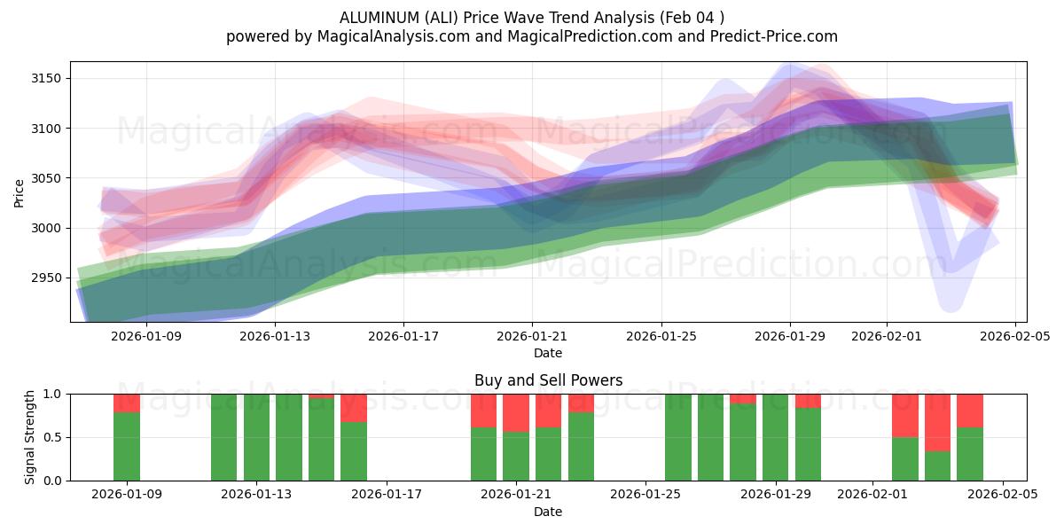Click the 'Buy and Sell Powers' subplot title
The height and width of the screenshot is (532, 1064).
click(x=548, y=380)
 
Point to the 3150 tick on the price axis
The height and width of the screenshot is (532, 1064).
click(x=49, y=79)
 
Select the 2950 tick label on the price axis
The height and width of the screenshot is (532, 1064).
click(x=49, y=278)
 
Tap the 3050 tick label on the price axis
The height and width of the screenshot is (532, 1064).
click(x=49, y=178)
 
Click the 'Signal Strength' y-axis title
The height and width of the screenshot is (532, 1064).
click(x=31, y=436)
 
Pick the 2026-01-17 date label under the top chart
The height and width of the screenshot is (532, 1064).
click(x=403, y=336)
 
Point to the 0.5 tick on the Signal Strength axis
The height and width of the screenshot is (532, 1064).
click(x=51, y=437)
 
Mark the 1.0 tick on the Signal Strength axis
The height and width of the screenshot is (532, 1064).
click(x=51, y=394)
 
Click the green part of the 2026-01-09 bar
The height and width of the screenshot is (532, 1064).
click(x=127, y=446)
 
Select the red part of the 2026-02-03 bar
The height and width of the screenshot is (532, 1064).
click(x=937, y=422)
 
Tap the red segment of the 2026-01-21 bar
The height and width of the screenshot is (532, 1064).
click(x=516, y=412)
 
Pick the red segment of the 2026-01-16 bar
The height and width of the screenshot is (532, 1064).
click(x=354, y=407)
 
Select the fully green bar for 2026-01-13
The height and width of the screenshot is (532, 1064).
click(x=256, y=437)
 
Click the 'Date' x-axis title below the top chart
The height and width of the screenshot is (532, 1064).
click(x=548, y=353)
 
